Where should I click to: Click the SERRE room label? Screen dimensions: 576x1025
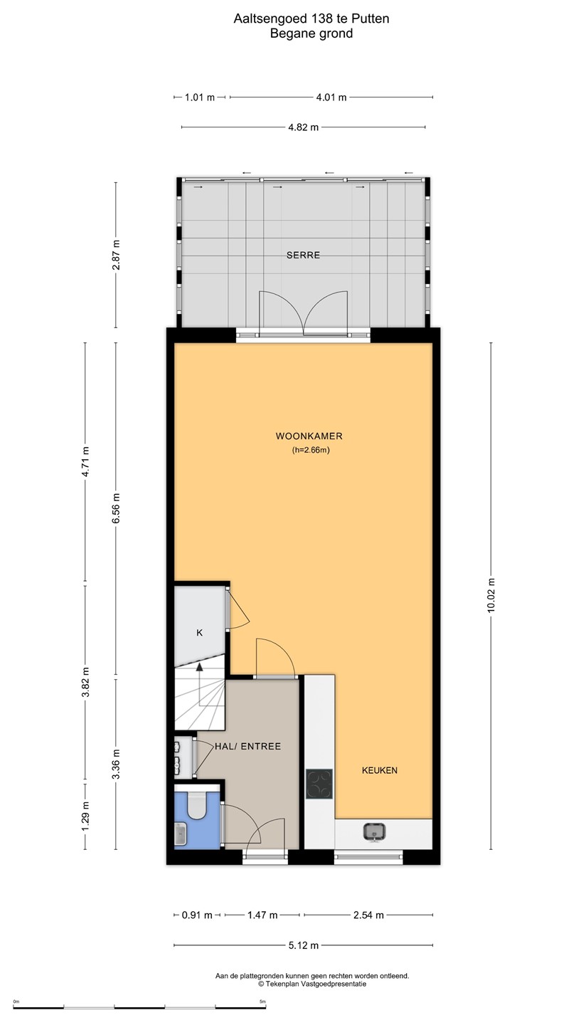click(x=303, y=256)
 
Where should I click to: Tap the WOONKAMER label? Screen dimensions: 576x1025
click(x=309, y=436)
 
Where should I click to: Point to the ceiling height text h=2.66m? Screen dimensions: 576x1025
click(x=311, y=450)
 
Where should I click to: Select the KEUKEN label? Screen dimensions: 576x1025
click(x=380, y=770)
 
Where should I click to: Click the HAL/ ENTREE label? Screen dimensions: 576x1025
click(x=247, y=746)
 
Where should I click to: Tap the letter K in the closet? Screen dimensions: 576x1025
click(x=199, y=633)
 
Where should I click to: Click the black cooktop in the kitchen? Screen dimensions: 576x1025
click(x=319, y=784)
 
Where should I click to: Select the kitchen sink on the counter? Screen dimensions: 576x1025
click(x=374, y=832)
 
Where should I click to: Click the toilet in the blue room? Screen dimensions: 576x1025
click(x=197, y=804)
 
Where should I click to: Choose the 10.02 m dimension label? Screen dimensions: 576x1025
click(x=491, y=595)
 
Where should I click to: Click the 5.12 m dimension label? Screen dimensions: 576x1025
click(x=304, y=945)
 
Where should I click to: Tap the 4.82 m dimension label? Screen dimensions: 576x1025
click(x=304, y=127)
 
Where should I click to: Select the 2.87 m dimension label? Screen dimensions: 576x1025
click(x=116, y=255)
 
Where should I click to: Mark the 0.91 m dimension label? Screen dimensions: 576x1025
click(x=197, y=915)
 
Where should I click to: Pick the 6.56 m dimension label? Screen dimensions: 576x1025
click(x=116, y=508)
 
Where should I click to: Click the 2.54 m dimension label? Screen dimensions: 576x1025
click(x=368, y=915)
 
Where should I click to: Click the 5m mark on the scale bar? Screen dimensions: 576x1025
click(x=262, y=1002)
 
